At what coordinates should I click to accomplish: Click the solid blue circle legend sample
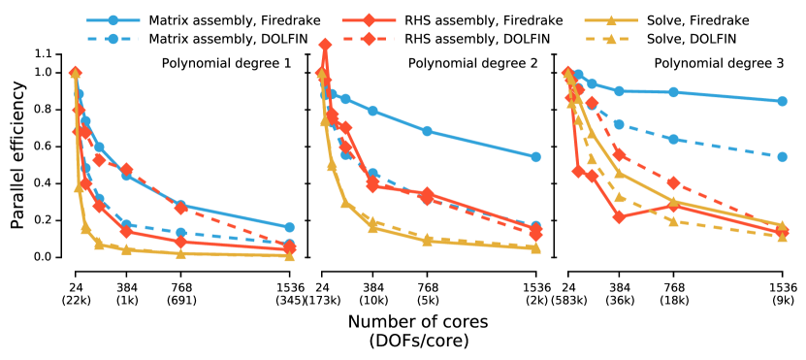pos(113,20)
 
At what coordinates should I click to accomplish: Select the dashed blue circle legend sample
pos(113,39)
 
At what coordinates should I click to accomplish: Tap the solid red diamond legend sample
pos(369,20)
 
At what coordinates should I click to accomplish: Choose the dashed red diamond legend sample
pos(369,39)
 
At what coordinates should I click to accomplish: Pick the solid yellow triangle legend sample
pos(611,20)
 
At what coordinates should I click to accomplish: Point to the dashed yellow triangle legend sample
pos(611,39)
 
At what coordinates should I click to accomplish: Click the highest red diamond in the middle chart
pos(325,45)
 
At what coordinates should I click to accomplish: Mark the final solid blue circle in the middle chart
pos(535,156)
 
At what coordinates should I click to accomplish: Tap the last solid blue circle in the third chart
pos(782,101)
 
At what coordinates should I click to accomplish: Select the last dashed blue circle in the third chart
pos(782,156)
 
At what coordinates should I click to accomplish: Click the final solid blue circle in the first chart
pos(289,227)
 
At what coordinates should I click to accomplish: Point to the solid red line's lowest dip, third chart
pos(619,216)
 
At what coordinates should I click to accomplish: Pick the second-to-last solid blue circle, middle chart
pos(427,131)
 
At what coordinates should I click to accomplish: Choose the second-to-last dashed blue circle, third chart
pos(673,139)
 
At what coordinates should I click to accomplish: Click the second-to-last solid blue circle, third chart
pos(673,92)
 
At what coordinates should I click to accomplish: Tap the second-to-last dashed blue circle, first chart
pos(180,233)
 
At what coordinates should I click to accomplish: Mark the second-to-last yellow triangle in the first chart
pos(180,253)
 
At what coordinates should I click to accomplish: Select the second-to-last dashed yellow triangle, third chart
pos(673,221)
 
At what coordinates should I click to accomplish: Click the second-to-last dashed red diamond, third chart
pos(673,182)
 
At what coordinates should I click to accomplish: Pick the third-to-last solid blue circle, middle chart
pos(372,111)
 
